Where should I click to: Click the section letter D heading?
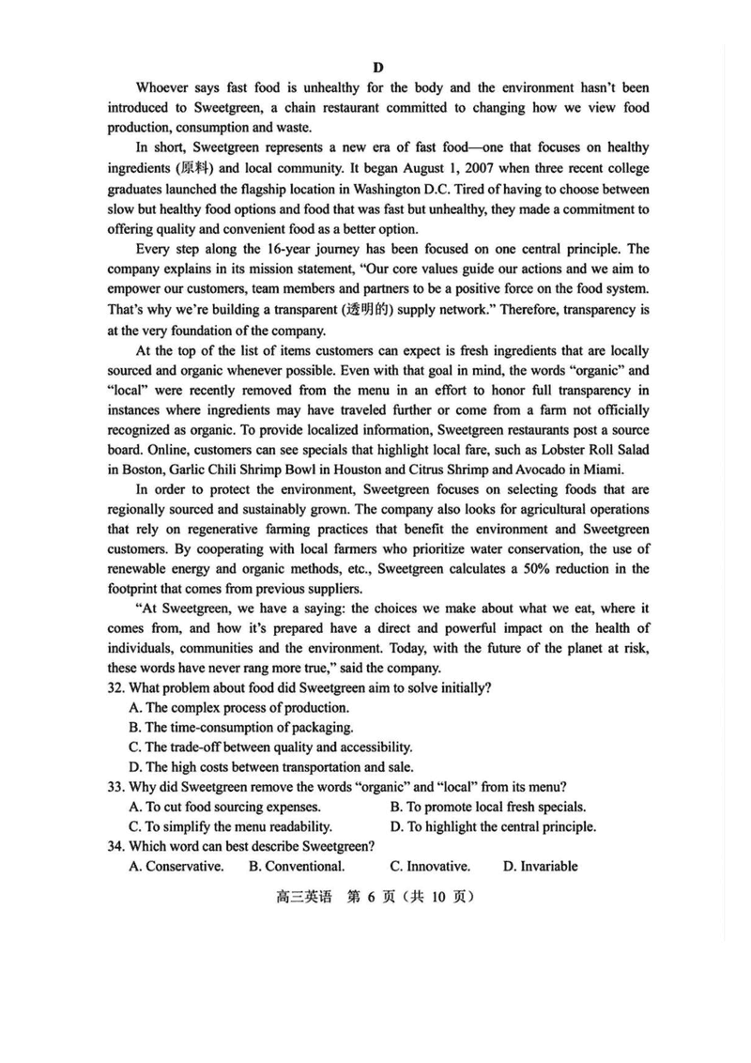point(377,67)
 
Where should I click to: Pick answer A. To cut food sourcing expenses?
point(224,806)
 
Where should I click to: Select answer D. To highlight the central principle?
point(493,826)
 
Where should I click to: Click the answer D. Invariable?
point(540,866)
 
